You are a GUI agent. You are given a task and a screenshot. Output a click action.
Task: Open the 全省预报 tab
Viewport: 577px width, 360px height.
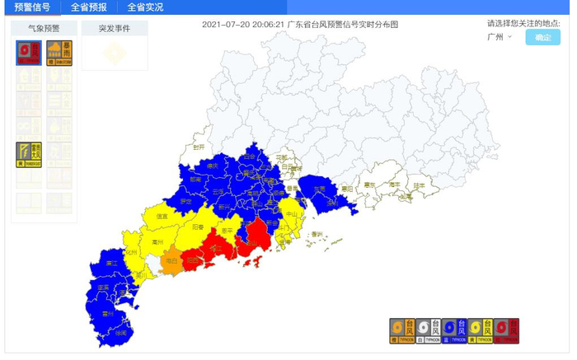click(88, 7)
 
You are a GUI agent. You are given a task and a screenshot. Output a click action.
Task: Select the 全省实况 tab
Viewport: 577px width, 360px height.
click(145, 7)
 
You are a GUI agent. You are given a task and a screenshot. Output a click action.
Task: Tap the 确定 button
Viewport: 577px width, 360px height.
click(542, 37)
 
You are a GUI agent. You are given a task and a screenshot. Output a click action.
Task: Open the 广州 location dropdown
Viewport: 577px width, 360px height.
click(500, 37)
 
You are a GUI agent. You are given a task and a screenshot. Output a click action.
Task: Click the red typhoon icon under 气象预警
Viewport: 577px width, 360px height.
click(29, 52)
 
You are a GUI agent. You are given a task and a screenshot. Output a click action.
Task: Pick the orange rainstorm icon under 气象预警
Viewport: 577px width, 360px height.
click(59, 52)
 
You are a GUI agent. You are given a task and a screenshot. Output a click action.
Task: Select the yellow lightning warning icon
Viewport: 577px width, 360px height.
click(29, 153)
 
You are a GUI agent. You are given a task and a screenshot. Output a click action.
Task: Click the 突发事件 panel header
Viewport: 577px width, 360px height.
click(115, 27)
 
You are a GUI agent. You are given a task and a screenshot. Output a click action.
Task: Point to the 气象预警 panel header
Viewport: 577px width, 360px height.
click(45, 27)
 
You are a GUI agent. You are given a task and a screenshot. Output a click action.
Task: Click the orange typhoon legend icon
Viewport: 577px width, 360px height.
click(401, 330)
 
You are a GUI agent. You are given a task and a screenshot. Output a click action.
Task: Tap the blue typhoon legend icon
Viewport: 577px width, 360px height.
click(453, 330)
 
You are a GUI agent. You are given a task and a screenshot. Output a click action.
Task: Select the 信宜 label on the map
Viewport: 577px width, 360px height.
click(170, 216)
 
